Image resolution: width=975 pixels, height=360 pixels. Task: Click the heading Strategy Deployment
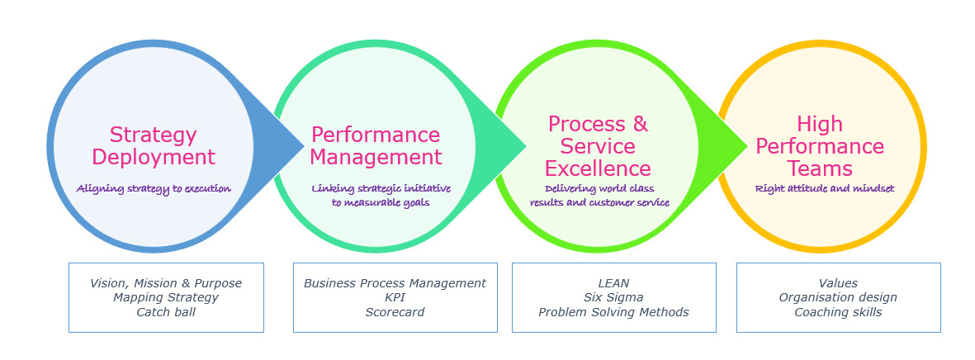tap(154, 146)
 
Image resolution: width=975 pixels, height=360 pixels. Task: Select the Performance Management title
tap(376, 146)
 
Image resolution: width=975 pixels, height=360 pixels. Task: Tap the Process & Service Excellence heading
tap(598, 146)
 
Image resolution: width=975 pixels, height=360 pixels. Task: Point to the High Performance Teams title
tap(820, 146)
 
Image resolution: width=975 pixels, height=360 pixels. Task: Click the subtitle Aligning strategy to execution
tap(154, 188)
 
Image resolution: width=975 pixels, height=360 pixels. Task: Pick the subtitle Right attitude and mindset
tap(825, 188)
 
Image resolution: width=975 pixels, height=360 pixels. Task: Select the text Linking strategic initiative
tap(381, 188)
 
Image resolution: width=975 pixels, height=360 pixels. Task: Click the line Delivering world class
tap(599, 188)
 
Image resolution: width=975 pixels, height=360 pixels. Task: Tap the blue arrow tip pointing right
tap(304, 147)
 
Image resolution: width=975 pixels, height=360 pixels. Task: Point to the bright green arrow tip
tap(747, 147)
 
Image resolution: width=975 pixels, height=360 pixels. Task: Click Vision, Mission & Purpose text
tap(166, 283)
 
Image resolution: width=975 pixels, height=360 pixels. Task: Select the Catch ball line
tap(166, 312)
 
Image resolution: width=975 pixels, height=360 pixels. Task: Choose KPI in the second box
tap(395, 298)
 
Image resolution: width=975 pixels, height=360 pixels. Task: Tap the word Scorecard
tap(395, 312)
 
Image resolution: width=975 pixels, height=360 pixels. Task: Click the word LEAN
tap(613, 283)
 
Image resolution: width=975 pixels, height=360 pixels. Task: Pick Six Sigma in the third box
tap(613, 298)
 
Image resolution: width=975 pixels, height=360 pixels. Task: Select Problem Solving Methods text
tap(613, 312)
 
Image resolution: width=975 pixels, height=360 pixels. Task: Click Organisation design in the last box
tap(838, 298)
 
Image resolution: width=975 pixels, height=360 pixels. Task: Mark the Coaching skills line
tap(838, 312)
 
